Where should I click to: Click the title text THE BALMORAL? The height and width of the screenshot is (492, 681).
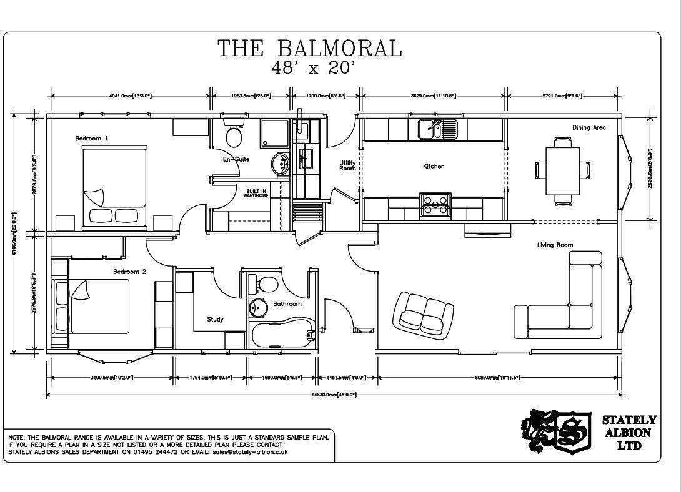pos(309,48)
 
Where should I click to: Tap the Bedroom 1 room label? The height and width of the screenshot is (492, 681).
pos(91,138)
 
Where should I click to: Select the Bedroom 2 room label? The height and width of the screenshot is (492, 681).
pos(129,272)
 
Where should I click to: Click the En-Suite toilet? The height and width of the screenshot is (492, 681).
pos(234,134)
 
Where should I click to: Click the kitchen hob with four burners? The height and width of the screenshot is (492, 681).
pos(435,205)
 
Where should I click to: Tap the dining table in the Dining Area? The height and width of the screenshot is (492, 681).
pos(562,170)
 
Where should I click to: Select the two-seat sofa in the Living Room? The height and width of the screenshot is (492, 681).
pos(423,312)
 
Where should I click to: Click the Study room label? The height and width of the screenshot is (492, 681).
pos(215,320)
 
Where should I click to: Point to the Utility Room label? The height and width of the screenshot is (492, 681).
pos(347,165)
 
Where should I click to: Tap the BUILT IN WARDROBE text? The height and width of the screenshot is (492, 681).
pos(256,194)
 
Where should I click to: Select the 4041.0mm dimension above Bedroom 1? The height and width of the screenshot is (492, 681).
pos(130,96)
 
